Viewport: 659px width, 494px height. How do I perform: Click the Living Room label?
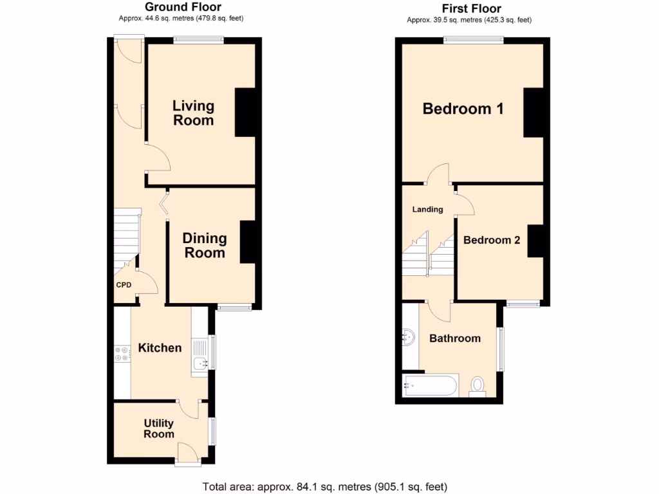(193, 113)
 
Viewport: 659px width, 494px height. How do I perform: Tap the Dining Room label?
(205, 245)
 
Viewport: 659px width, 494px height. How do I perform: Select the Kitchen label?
(160, 348)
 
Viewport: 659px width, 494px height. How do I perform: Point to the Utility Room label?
(158, 428)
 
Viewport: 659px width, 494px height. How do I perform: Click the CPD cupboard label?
(124, 285)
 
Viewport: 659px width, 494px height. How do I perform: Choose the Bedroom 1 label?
(463, 109)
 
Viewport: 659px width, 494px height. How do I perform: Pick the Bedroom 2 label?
(492, 240)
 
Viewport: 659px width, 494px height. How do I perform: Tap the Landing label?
(427, 209)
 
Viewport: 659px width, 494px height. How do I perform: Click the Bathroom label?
(455, 338)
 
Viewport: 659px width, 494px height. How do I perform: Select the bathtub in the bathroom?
(430, 386)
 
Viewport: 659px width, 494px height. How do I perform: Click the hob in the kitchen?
(122, 353)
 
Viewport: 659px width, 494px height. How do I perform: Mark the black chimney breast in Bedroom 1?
(534, 113)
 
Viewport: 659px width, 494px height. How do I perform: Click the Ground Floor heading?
(183, 7)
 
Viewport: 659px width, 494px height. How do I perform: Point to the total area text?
(324, 486)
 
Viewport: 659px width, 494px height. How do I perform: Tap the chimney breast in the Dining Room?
(248, 242)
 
